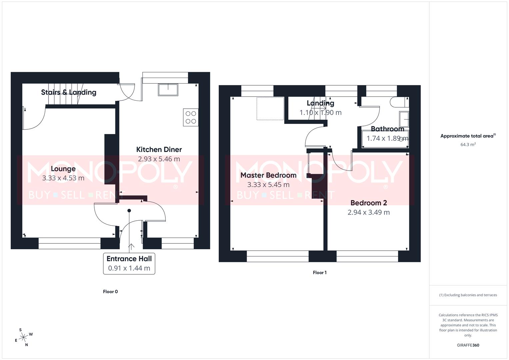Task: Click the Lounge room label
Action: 63,169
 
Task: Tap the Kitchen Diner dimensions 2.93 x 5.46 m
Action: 159,159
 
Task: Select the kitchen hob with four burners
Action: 191,117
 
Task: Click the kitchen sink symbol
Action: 168,89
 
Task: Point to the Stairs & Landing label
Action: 69,92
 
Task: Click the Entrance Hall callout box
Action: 129,263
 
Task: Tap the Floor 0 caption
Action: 110,292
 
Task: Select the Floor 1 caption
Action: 320,273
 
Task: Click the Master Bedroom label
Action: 268,175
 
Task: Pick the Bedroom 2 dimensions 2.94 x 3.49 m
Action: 368,212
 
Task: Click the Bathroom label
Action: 387,129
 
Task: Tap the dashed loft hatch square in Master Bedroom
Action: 270,108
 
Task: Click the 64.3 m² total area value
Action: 468,145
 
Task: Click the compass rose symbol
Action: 23,338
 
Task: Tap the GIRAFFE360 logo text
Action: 468,345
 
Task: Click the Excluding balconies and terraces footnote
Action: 468,295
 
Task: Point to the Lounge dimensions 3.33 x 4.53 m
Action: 63,178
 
